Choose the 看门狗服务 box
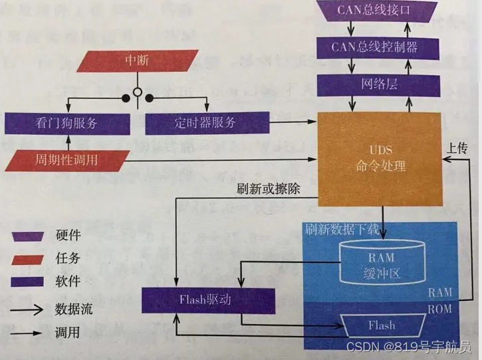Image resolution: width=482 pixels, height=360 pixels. (66, 124)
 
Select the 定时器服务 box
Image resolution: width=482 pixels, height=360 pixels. (206, 124)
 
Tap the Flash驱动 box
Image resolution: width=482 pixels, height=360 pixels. (208, 300)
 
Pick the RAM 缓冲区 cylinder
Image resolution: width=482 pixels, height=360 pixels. (381, 263)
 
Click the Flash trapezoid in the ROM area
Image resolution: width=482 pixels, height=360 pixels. (381, 325)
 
